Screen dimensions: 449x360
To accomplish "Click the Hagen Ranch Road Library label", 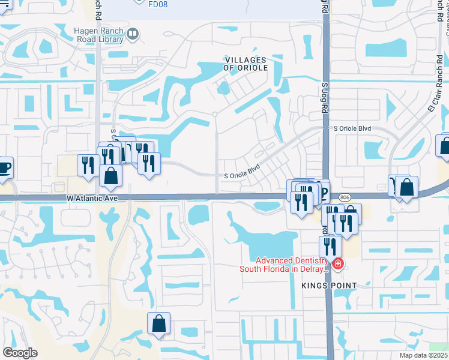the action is point(99,36).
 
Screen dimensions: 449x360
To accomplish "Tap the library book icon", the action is point(133,36).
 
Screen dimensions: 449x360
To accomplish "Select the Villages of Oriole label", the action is point(246,64).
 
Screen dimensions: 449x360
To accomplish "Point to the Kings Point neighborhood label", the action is point(330,286).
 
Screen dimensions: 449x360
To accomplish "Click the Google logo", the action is point(20,352).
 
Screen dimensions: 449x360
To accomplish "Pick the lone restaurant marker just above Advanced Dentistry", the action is point(330,245).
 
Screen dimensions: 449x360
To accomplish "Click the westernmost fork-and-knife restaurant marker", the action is point(87,164).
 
